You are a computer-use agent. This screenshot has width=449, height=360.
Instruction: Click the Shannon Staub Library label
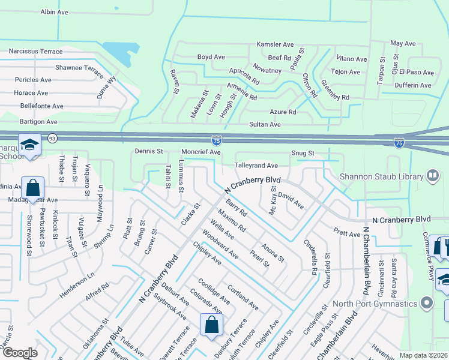[382, 176]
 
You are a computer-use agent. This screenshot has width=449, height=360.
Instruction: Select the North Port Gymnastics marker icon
[427, 302]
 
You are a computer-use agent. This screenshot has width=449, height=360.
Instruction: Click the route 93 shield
[52, 138]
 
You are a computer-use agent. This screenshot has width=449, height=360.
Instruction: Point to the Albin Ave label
[55, 11]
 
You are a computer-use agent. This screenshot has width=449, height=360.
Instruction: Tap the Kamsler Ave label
[275, 44]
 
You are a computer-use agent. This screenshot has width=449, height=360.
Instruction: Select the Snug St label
[303, 153]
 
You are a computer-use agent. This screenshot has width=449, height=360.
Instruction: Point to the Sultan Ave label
[265, 124]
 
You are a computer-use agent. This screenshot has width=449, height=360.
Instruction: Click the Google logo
[19, 353]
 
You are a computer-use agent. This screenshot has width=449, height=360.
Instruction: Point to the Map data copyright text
[423, 355]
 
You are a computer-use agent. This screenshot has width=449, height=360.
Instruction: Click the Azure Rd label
[283, 112]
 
